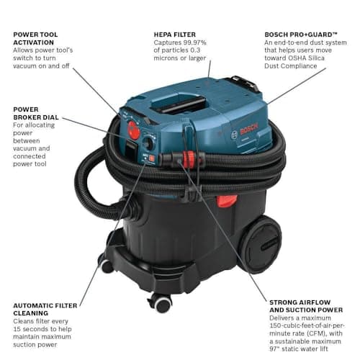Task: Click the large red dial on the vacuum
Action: click(133, 130)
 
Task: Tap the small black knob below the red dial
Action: click(148, 143)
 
